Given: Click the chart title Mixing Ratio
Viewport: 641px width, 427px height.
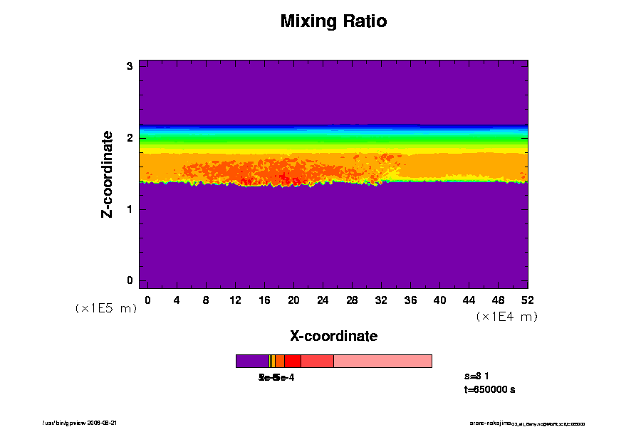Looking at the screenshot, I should (333, 21).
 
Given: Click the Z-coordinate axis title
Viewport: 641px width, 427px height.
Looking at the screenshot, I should (108, 174).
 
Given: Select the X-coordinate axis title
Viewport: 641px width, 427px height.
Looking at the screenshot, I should (333, 336).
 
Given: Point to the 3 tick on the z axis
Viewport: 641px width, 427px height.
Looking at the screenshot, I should (130, 66).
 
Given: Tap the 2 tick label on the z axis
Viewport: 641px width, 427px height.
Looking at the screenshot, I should (130, 138).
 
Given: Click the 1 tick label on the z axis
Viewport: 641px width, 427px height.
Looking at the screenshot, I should (130, 209).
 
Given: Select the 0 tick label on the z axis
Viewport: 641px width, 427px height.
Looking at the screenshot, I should (130, 280).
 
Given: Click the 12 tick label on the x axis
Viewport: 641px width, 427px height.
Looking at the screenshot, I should (235, 300).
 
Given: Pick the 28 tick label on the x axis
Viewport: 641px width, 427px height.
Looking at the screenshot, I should (352, 300).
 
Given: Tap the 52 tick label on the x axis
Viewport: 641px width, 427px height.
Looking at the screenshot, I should (528, 300).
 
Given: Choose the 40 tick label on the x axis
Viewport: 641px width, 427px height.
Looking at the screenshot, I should (439, 300).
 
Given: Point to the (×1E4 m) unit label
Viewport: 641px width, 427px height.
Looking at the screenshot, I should (506, 317).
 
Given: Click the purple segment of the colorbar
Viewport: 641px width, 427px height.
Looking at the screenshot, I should (251, 361).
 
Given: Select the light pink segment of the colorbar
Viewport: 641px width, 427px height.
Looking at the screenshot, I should (382, 361).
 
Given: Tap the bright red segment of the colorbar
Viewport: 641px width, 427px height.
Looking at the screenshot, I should (292, 361).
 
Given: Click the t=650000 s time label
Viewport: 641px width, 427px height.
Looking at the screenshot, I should (489, 390).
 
